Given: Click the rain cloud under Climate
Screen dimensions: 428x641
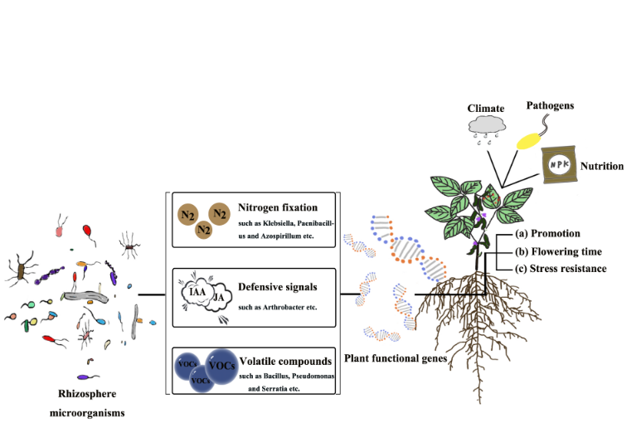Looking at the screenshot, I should pyautogui.click(x=486, y=125).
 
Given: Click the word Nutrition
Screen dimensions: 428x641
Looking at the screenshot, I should pyautogui.click(x=602, y=166).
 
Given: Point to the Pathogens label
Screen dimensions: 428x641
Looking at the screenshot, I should pyautogui.click(x=550, y=105).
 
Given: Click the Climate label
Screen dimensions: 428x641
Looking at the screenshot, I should pyautogui.click(x=486, y=109).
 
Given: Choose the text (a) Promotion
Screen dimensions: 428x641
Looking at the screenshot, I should pyautogui.click(x=546, y=234).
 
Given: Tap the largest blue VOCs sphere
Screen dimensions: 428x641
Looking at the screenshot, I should pyautogui.click(x=220, y=365).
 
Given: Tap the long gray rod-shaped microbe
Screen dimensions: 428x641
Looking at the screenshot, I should pyautogui.click(x=83, y=294).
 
